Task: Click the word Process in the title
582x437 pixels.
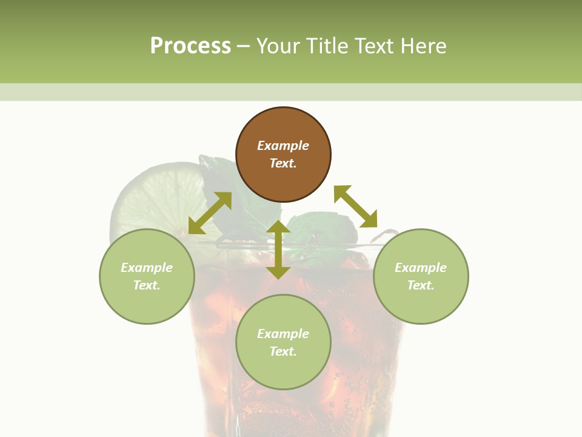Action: pos(190,46)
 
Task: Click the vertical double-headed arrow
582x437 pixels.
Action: pos(278,250)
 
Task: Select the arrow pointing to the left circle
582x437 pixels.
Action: pos(210,213)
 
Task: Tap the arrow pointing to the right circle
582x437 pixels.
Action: pos(356,206)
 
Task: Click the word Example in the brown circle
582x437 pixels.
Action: pos(283,146)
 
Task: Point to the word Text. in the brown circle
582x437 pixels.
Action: pos(283,163)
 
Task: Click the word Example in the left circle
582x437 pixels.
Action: pos(147,268)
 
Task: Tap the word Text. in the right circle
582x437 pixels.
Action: pos(421,285)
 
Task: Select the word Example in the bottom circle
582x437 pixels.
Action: pos(283,334)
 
